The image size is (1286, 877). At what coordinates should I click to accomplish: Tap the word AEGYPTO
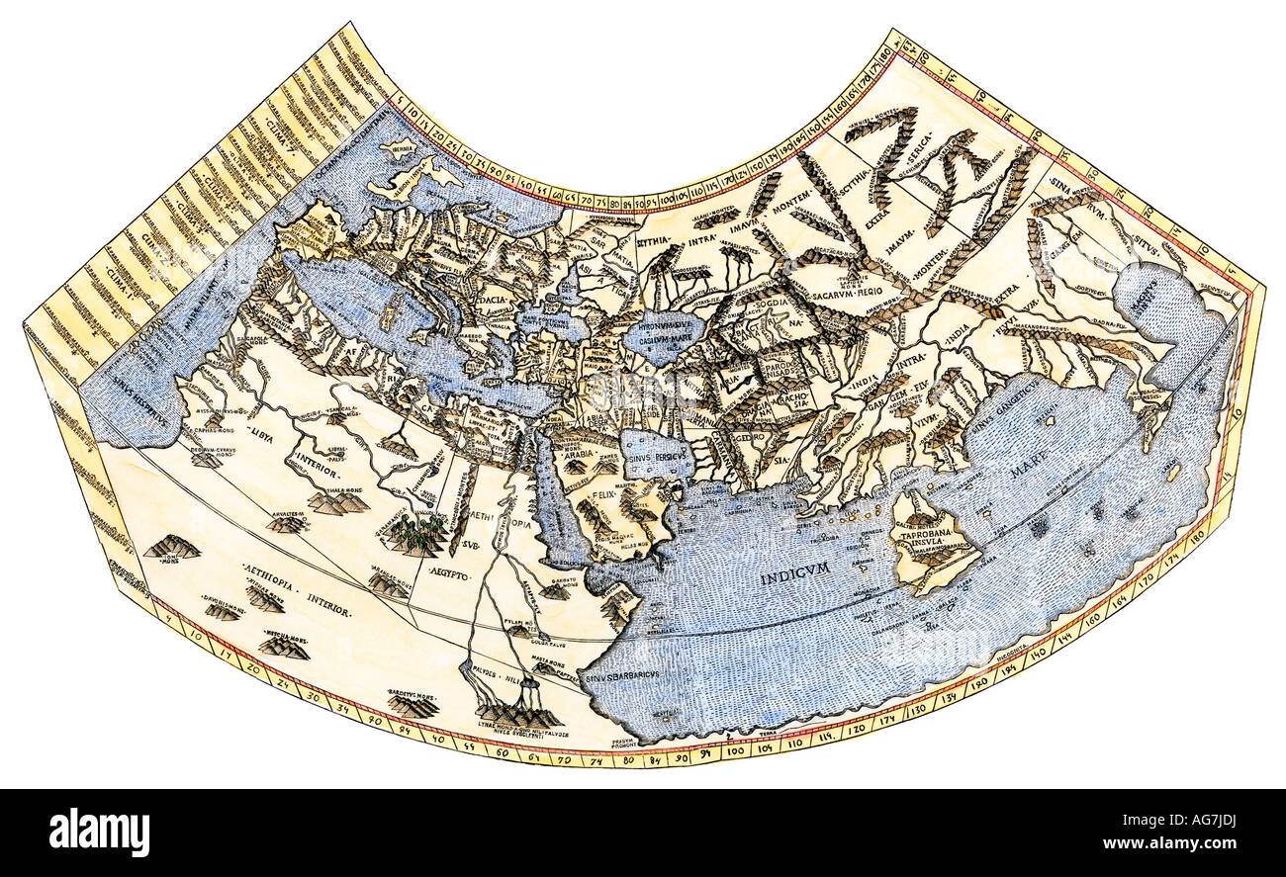449,571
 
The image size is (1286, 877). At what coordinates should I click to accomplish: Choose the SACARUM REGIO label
825,294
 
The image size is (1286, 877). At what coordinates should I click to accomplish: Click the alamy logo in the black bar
99,832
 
